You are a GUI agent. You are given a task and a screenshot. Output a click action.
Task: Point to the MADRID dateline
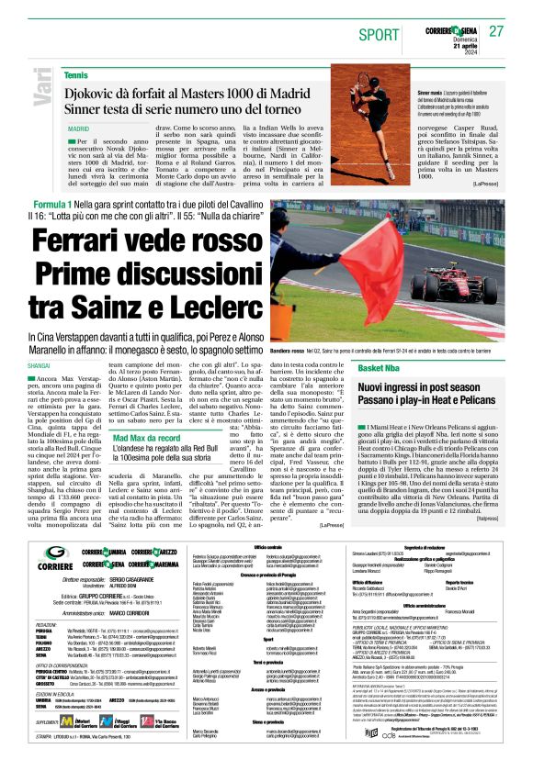(78, 130)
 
